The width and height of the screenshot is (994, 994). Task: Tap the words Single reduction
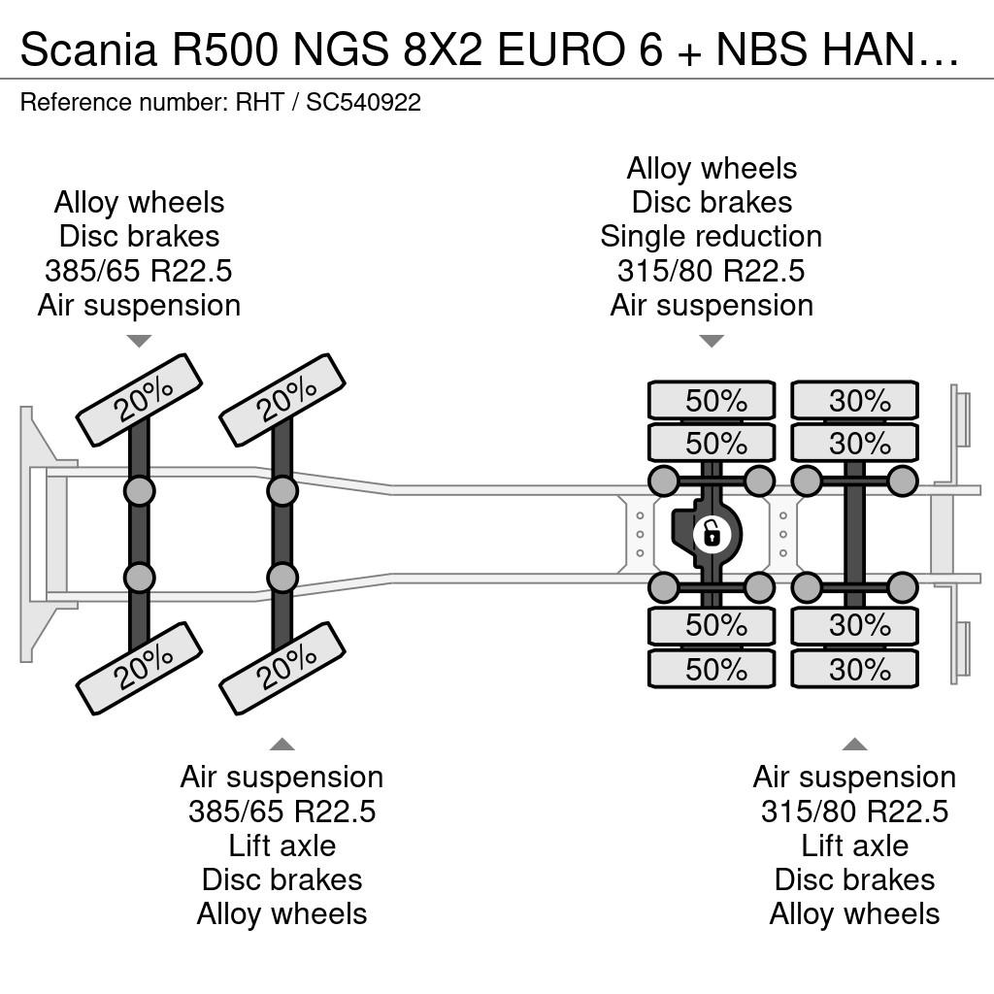(x=712, y=237)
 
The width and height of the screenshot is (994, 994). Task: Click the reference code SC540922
(x=364, y=102)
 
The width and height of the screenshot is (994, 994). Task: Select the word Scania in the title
(x=88, y=49)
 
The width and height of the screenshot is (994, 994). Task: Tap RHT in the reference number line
(x=260, y=102)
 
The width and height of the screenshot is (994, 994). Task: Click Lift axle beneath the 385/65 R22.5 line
(x=282, y=845)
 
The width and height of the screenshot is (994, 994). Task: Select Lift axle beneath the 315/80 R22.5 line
(x=854, y=845)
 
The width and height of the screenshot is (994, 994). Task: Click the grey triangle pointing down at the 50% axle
(x=712, y=341)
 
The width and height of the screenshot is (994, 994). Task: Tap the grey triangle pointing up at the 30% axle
(x=854, y=744)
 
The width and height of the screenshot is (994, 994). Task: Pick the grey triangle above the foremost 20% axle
(x=140, y=341)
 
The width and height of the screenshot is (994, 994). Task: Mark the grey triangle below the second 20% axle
(x=282, y=744)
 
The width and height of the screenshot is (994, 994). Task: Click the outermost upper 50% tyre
(x=712, y=401)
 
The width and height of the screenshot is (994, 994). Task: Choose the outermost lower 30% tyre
(x=854, y=669)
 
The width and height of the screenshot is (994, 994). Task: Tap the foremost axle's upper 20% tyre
(x=140, y=400)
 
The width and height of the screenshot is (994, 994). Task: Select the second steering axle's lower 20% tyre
(x=282, y=669)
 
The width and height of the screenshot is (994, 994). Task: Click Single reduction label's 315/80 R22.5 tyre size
(x=712, y=271)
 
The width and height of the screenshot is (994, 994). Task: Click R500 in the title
(x=224, y=49)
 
